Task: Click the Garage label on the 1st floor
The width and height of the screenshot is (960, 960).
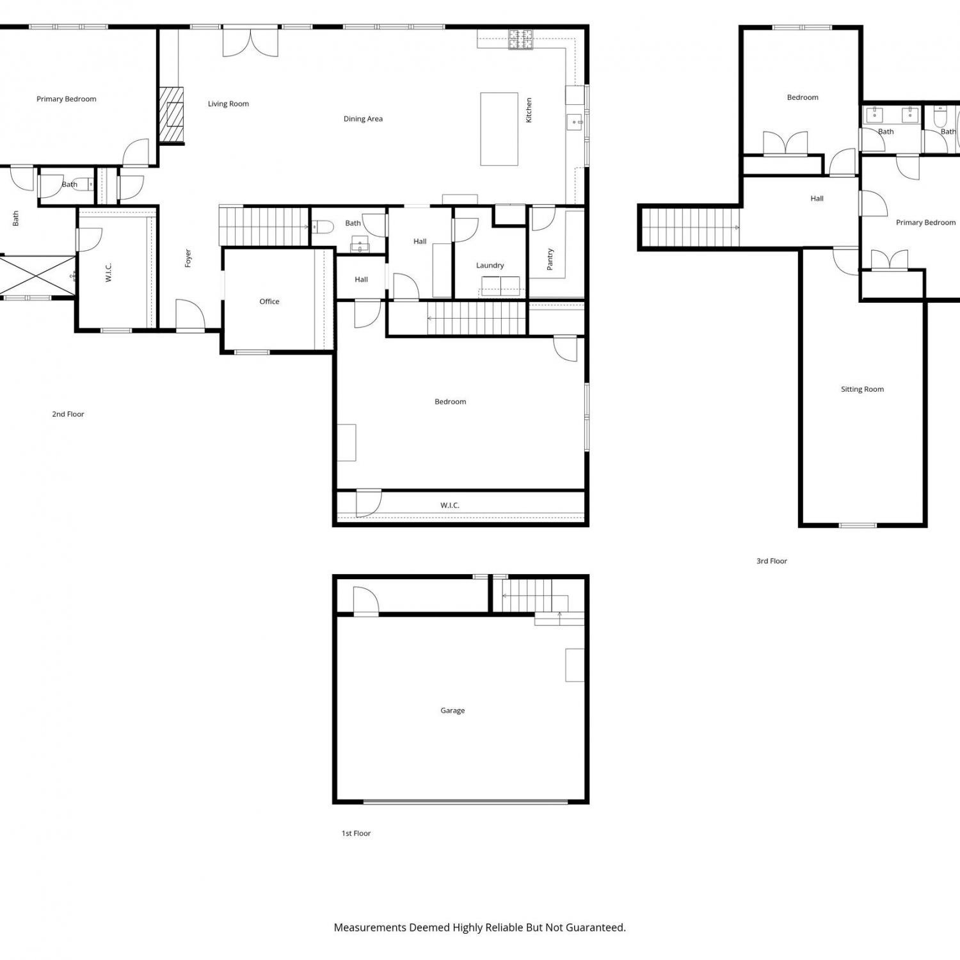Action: pyautogui.click(x=452, y=710)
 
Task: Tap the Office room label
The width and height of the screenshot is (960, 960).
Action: pyautogui.click(x=269, y=301)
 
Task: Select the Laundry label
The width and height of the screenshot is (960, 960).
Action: pyautogui.click(x=490, y=266)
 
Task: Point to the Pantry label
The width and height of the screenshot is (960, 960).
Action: pyautogui.click(x=550, y=259)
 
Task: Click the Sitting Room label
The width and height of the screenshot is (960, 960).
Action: pyautogui.click(x=862, y=389)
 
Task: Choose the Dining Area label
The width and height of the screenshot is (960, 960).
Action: pyautogui.click(x=363, y=119)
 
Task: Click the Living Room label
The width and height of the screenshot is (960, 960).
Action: pyautogui.click(x=228, y=104)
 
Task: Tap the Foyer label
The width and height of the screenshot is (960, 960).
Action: pyautogui.click(x=188, y=259)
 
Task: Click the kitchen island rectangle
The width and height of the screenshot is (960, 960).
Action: pyautogui.click(x=499, y=129)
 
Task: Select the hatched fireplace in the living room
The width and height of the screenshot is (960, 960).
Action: pyautogui.click(x=171, y=115)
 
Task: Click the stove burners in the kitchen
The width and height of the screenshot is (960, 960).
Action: pyautogui.click(x=520, y=40)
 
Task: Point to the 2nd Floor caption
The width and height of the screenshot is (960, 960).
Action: pyautogui.click(x=68, y=414)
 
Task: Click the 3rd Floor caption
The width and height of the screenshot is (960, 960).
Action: pyautogui.click(x=772, y=561)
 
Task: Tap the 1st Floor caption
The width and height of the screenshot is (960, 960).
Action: pyautogui.click(x=356, y=833)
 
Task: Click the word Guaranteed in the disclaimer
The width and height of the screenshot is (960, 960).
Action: pyautogui.click(x=592, y=927)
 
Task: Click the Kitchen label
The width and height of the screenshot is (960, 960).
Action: pyautogui.click(x=529, y=110)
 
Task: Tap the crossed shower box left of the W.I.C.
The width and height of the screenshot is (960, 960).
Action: pyautogui.click(x=38, y=276)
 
